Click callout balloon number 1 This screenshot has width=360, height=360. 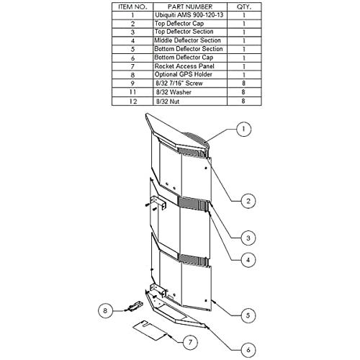click(x=243, y=129)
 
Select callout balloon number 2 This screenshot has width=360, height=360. click(x=248, y=201)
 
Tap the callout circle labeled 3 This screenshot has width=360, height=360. click(x=248, y=238)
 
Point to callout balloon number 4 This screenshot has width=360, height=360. click(x=248, y=260)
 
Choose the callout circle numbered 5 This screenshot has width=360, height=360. click(x=248, y=315)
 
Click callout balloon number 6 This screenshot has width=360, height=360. click(x=248, y=350)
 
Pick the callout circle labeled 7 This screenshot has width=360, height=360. click(x=190, y=342)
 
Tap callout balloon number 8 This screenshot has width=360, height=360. click(x=105, y=310)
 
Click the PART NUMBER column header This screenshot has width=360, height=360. click(x=190, y=6)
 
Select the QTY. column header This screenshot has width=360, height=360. click(x=244, y=6)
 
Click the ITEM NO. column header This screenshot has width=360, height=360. click(x=132, y=6)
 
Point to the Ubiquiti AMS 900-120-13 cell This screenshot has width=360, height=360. click(x=189, y=15)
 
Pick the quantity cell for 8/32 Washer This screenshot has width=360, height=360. click(x=243, y=92)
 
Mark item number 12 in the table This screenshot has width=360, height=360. click(x=132, y=102)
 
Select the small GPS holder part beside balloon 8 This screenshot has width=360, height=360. click(x=135, y=307)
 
